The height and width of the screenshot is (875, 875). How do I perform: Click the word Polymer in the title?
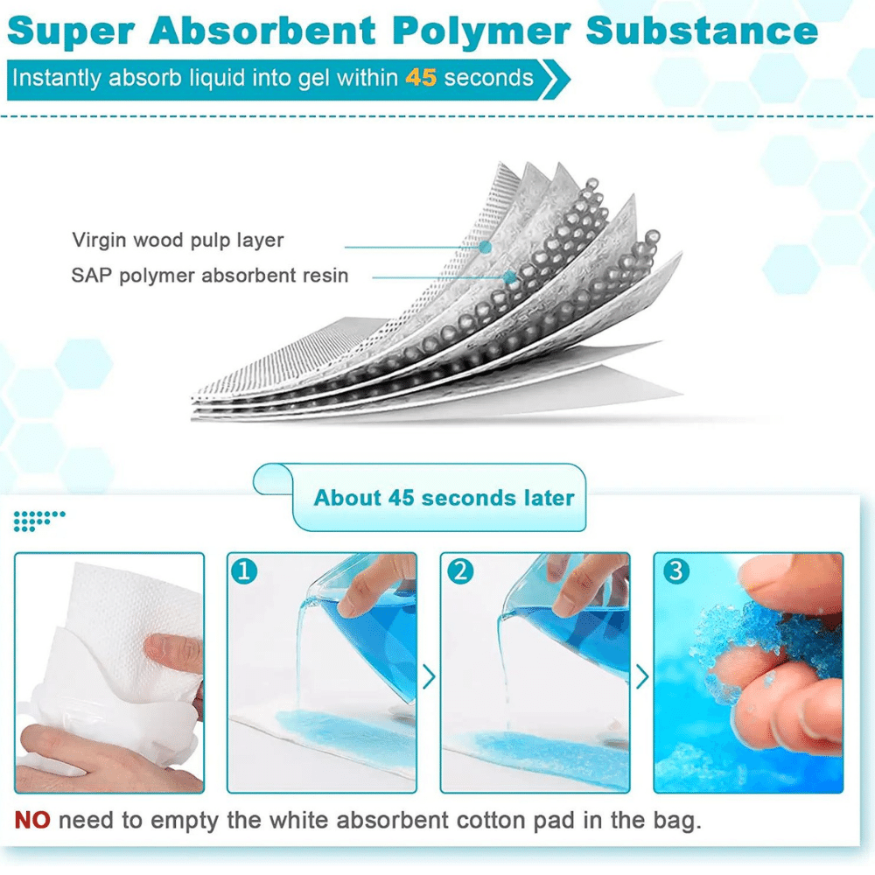[x=481, y=32]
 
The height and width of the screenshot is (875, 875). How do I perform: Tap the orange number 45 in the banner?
[x=421, y=78]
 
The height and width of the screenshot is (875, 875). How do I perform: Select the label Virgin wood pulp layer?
[x=178, y=240]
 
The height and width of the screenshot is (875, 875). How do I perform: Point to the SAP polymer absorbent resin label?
[x=209, y=275]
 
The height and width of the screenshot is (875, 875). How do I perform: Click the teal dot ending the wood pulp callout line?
[x=486, y=247]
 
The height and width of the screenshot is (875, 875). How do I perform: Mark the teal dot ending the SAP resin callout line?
[x=509, y=276]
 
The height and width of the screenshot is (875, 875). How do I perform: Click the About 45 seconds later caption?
[x=444, y=498]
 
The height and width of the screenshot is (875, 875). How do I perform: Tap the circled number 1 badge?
[x=244, y=570]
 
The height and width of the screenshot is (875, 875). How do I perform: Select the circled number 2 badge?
[x=460, y=570]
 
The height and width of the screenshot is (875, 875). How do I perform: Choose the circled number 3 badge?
[x=675, y=570]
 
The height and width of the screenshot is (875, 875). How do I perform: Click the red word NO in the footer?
[x=31, y=821]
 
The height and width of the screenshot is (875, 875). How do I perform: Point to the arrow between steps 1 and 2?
[x=429, y=677]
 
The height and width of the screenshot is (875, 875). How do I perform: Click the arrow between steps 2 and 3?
[x=642, y=677]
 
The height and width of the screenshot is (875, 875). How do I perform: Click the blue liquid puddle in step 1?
[x=346, y=737]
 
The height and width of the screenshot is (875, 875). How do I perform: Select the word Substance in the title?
[x=702, y=31]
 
